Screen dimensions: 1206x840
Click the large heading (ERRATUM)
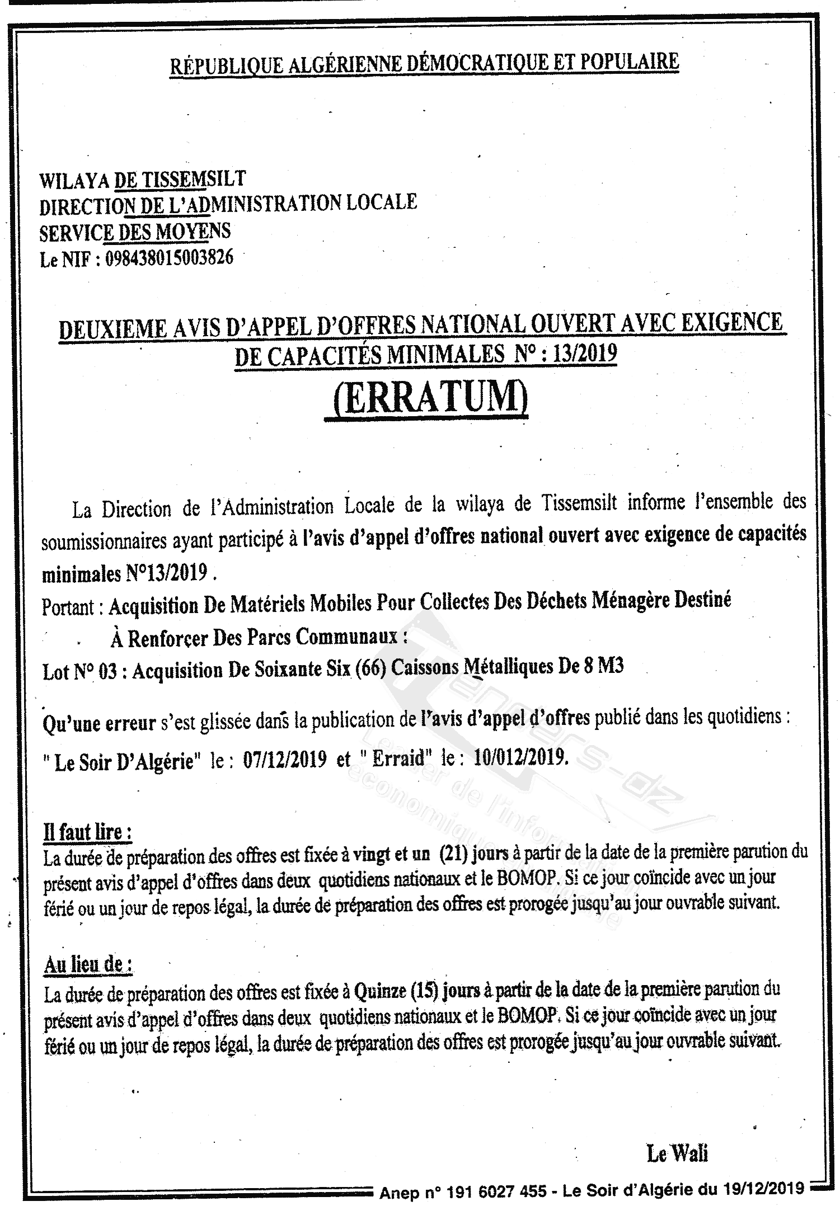pyautogui.click(x=426, y=398)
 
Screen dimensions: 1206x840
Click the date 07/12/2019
pyautogui.click(x=285, y=760)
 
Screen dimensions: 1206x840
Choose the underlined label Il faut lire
pyautogui.click(x=87, y=832)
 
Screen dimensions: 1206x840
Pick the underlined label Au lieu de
pyautogui.click(x=88, y=965)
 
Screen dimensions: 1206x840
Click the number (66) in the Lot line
pyautogui.click(x=370, y=668)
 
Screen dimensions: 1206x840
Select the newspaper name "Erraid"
pyautogui.click(x=397, y=759)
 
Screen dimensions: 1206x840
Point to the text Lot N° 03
pyautogui.click(x=80, y=671)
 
